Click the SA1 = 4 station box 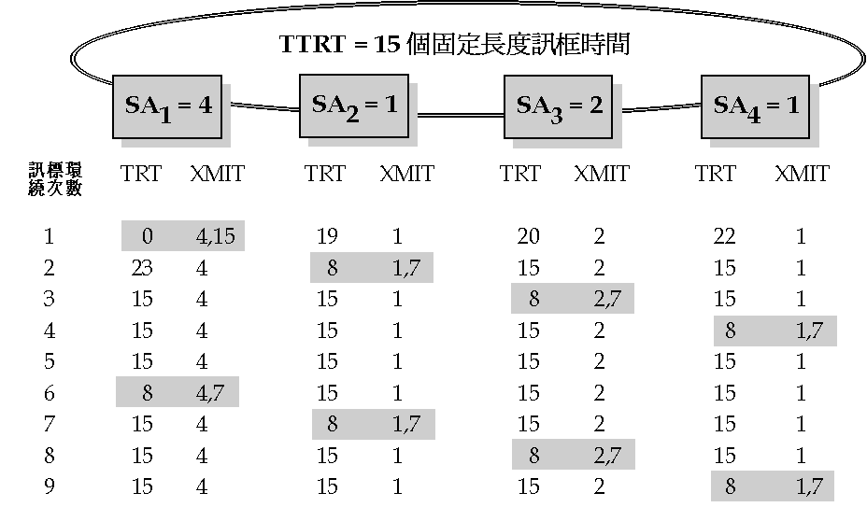(169, 104)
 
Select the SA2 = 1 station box (354, 104)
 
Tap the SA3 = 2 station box (560, 104)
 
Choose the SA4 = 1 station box (756, 104)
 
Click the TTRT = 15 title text (454, 44)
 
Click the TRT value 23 (143, 268)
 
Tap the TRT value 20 (529, 236)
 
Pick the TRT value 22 (724, 236)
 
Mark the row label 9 (49, 486)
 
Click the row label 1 (49, 236)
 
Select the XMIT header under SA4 (802, 174)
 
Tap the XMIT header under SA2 (406, 174)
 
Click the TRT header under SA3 (520, 174)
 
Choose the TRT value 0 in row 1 (148, 236)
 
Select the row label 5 (49, 361)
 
